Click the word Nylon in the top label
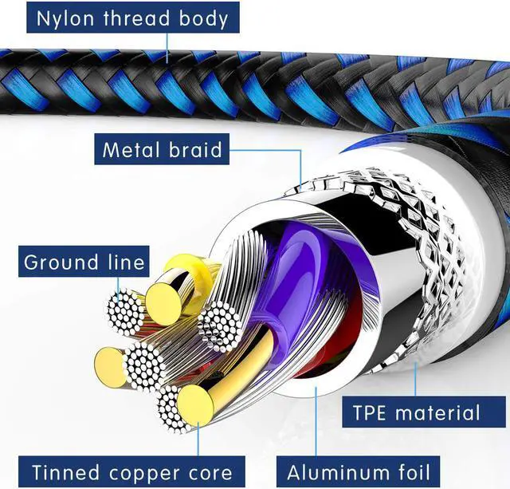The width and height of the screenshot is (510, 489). click(x=65, y=18)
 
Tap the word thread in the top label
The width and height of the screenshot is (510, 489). click(x=136, y=18)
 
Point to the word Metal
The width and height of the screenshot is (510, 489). click(x=131, y=149)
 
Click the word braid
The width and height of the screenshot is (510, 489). click(x=195, y=149)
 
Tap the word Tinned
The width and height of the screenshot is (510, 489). click(x=65, y=472)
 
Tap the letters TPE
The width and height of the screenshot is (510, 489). click(x=370, y=412)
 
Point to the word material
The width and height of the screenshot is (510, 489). click(x=437, y=412)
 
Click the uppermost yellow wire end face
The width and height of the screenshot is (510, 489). click(x=163, y=304)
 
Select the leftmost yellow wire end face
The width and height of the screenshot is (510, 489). click(x=111, y=367)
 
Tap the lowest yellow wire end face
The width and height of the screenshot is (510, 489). click(x=195, y=406)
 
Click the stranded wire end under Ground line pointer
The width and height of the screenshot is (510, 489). click(x=125, y=313)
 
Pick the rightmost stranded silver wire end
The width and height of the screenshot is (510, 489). click(x=220, y=326)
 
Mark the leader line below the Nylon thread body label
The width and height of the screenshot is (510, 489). click(x=167, y=48)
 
